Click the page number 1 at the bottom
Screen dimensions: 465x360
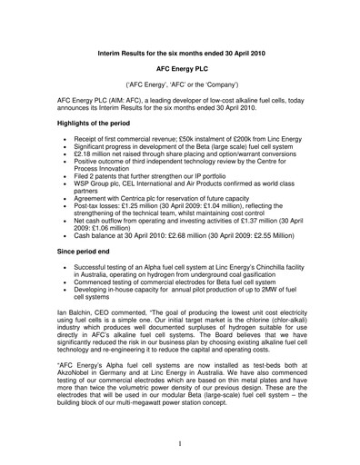click(180, 443)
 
